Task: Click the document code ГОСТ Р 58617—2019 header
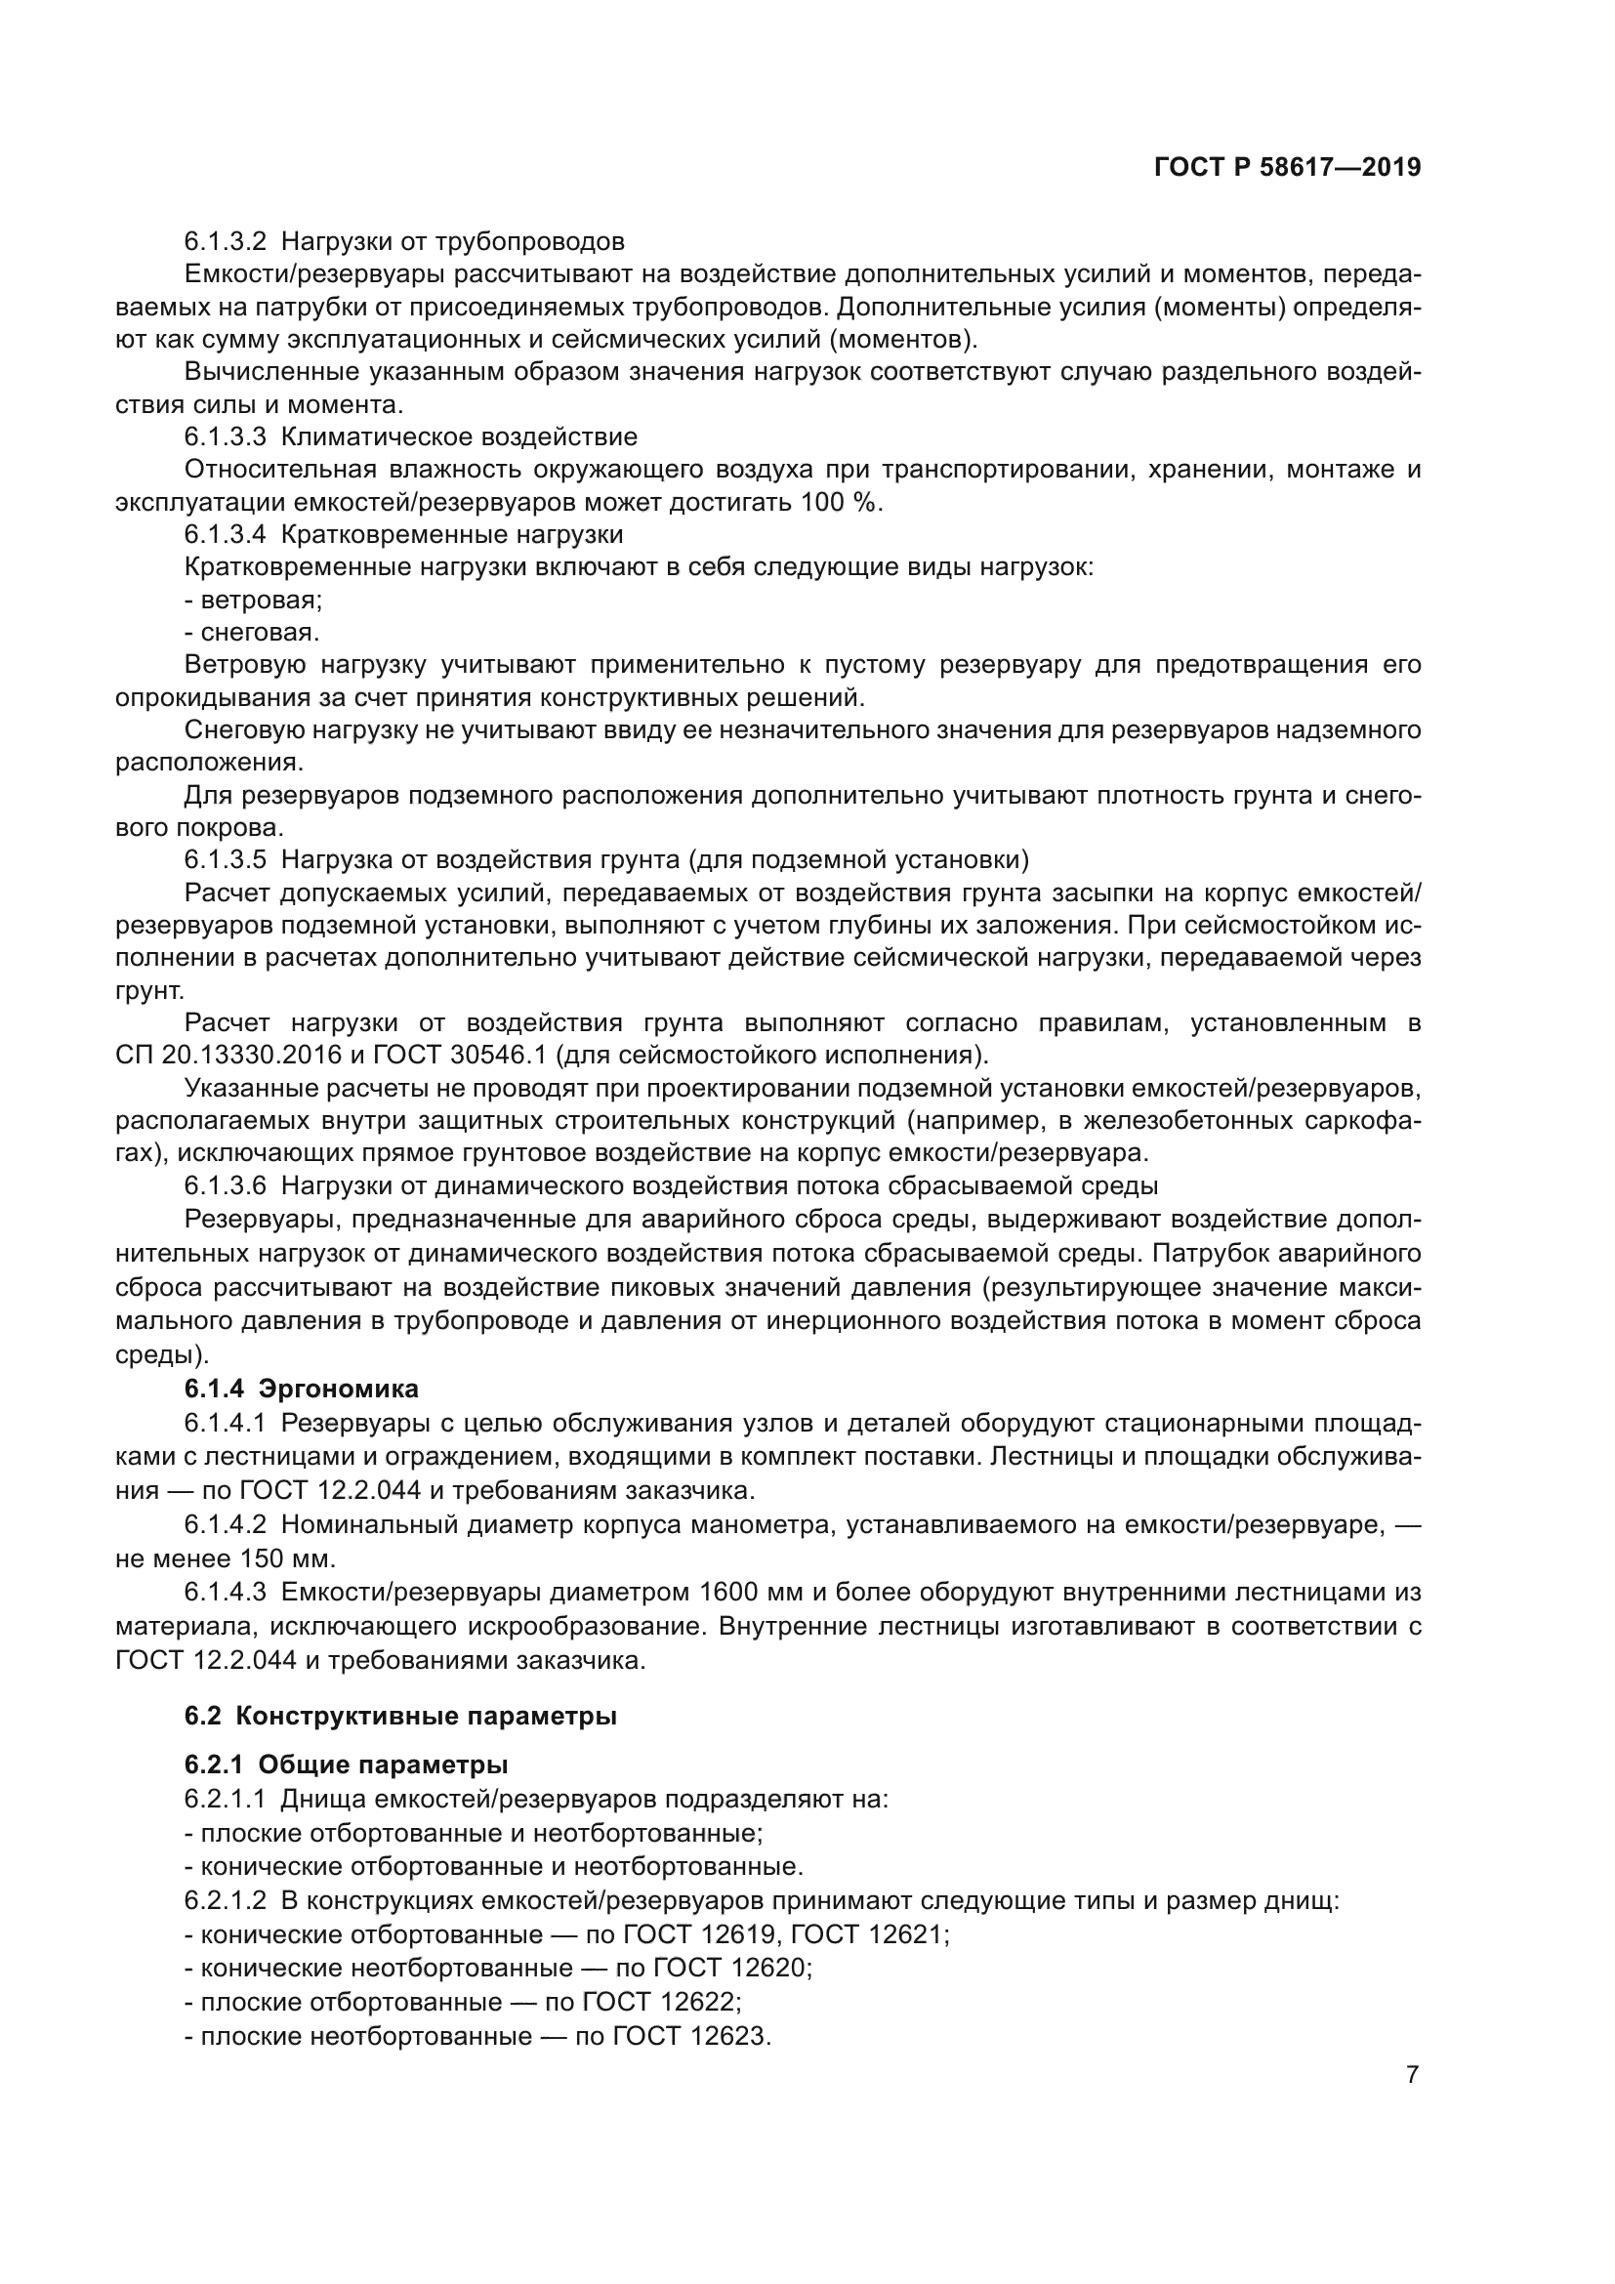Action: [x=1287, y=168]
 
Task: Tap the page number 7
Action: [x=1412, y=2075]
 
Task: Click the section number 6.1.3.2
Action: [x=225, y=242]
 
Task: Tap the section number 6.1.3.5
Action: [x=225, y=859]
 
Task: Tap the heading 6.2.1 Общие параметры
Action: [x=346, y=1765]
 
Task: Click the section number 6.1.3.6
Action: [x=225, y=1185]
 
